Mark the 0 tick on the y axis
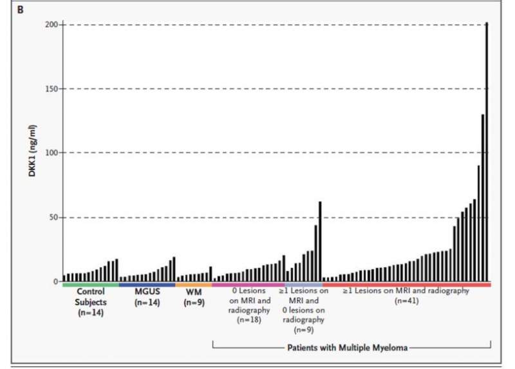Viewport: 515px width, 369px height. [56, 281]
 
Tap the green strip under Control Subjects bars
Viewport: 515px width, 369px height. [90, 285]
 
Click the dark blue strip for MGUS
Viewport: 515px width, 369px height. [147, 285]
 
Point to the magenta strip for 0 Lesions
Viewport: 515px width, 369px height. [248, 285]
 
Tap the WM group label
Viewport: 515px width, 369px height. [194, 292]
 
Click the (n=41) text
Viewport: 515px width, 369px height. [406, 300]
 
